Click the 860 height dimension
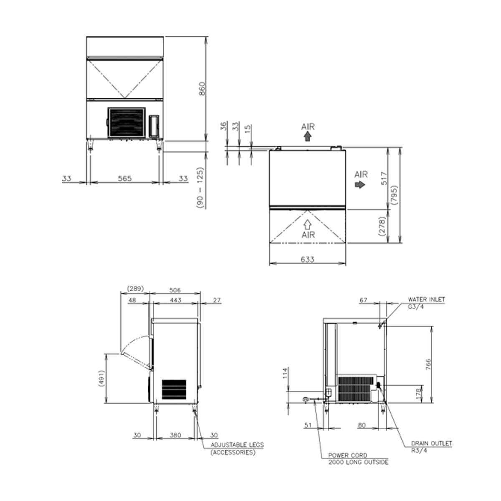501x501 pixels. click(x=202, y=89)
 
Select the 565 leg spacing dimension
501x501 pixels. click(x=125, y=178)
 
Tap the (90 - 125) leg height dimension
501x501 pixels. click(x=200, y=188)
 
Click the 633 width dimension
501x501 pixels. click(x=307, y=259)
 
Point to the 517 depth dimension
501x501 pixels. click(x=384, y=178)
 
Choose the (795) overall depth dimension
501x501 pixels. click(x=395, y=195)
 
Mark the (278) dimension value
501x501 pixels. click(x=382, y=226)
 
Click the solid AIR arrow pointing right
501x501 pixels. click(x=360, y=185)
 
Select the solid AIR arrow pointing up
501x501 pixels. click(x=308, y=136)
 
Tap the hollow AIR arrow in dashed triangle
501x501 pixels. click(x=308, y=225)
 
